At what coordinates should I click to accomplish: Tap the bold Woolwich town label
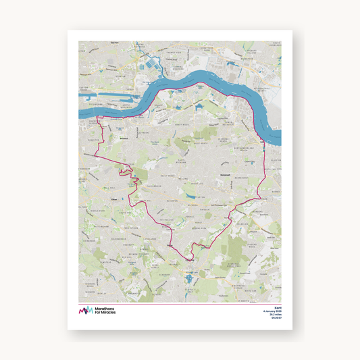(123, 138)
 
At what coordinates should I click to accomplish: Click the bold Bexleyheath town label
(207, 173)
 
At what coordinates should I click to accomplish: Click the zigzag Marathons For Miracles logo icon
(86, 310)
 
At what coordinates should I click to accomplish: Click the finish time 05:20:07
(275, 319)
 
